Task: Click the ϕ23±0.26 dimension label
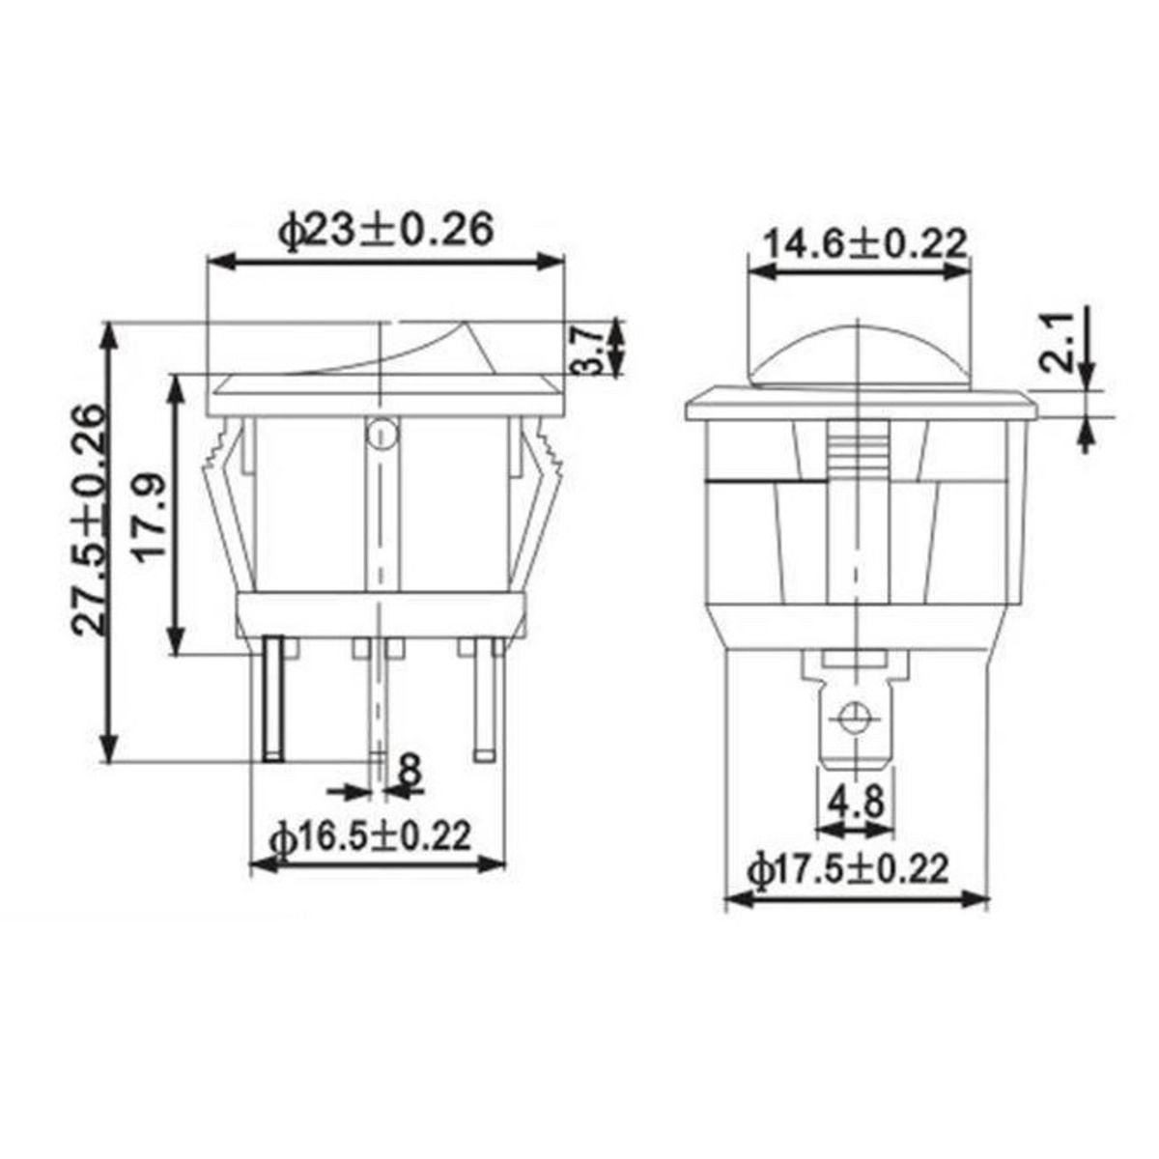[386, 231]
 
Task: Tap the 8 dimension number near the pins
[410, 770]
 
